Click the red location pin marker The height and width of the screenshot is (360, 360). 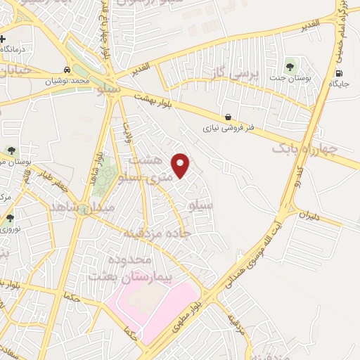click(x=181, y=165)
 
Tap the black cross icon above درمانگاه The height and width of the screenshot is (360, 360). click(x=4, y=39)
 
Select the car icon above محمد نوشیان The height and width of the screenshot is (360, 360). click(x=65, y=70)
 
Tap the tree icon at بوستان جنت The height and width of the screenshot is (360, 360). click(x=290, y=66)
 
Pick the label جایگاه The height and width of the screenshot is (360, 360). click(x=340, y=84)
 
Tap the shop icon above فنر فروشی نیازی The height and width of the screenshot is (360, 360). click(x=227, y=117)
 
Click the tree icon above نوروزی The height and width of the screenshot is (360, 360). click(x=10, y=218)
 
